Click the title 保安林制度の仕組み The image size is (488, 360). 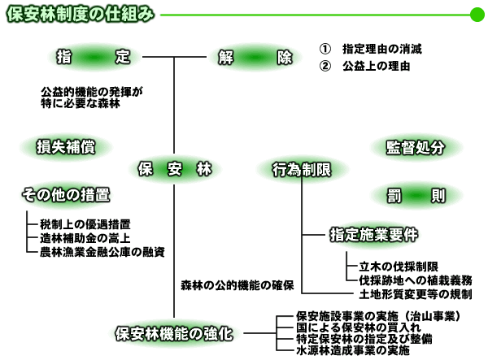point(80,15)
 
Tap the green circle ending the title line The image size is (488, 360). point(477,15)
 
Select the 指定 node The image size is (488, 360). point(94,58)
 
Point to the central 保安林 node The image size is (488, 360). point(174,169)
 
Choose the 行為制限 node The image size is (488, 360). point(300,169)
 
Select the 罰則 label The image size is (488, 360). point(416,195)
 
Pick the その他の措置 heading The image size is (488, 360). point(66,195)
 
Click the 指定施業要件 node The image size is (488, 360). point(373,235)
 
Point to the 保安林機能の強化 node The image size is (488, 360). point(174,333)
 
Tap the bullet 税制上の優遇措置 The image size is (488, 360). point(85,223)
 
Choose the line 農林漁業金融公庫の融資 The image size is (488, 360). point(102,252)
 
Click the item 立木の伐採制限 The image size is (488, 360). point(399,267)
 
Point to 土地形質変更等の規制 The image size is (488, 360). point(415,294)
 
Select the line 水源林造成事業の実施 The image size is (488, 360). point(353,351)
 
